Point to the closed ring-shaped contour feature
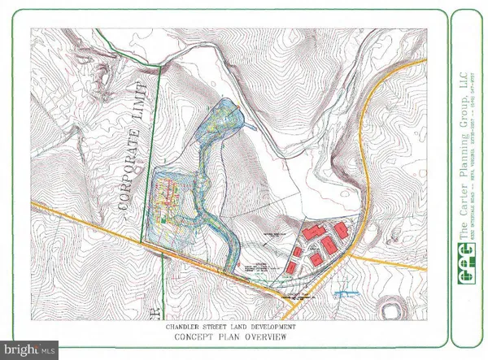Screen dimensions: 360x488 394,310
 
